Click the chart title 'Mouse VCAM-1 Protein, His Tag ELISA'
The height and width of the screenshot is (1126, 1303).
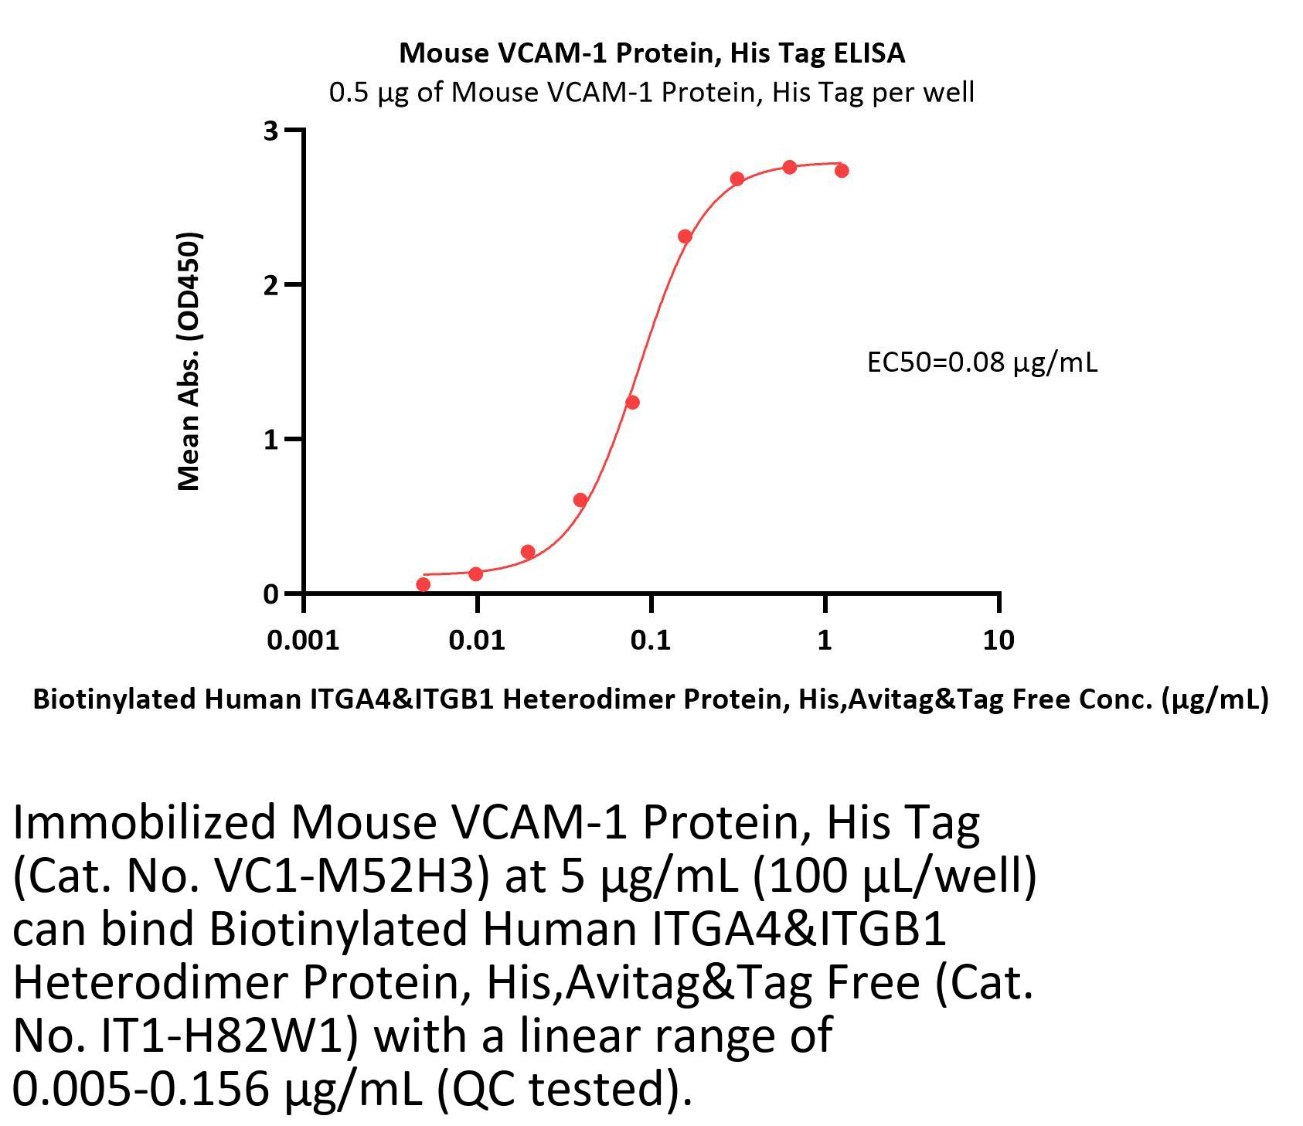651,53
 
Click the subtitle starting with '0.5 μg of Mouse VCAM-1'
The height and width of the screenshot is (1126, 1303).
651,93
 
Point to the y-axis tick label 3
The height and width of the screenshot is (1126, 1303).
270,131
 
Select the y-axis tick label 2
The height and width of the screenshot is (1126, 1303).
270,285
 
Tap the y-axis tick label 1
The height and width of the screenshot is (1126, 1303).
270,440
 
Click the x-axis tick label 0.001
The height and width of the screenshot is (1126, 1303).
303,640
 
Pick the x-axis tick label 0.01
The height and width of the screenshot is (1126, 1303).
478,640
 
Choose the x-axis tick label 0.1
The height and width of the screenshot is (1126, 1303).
651,640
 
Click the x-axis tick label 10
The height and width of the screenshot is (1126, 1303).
999,640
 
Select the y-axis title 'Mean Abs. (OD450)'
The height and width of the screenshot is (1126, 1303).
189,362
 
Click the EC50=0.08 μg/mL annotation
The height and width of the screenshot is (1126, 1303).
982,362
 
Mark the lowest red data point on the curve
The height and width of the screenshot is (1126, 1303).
423,584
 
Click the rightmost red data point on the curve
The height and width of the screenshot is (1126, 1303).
842,170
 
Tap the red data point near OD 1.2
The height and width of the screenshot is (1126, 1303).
632,402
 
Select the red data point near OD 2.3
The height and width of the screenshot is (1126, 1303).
685,236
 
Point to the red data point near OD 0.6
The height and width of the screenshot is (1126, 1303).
580,500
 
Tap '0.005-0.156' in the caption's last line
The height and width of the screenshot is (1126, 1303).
141,1088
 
